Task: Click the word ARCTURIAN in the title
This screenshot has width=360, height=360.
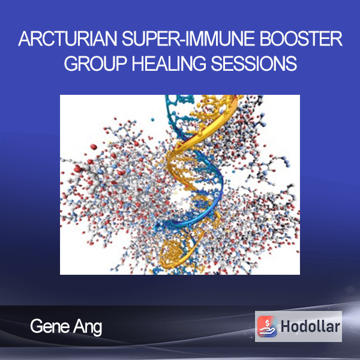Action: pyautogui.click(x=68, y=38)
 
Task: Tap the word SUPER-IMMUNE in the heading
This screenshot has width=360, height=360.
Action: pyautogui.click(x=188, y=38)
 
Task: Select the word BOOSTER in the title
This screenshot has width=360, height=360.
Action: pyautogui.click(x=301, y=38)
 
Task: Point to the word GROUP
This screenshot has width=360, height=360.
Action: pyautogui.click(x=95, y=63)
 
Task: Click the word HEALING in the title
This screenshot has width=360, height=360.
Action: pyautogui.click(x=169, y=63)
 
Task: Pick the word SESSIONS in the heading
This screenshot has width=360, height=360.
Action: pyautogui.click(x=254, y=63)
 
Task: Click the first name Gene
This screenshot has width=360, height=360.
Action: pyautogui.click(x=50, y=326)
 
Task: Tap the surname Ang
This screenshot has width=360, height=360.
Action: pyautogui.click(x=88, y=328)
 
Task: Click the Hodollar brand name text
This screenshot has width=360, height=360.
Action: pyautogui.click(x=310, y=326)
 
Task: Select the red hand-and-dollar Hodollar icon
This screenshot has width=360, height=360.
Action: pyautogui.click(x=267, y=326)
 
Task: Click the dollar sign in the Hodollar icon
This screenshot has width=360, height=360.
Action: pyautogui.click(x=267, y=323)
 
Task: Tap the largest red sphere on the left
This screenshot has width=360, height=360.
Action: pyautogui.click(x=94, y=147)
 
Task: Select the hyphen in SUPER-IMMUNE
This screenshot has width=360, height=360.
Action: pyautogui.click(x=181, y=41)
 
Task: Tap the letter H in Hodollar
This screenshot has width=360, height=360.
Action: pyautogui.click(x=286, y=326)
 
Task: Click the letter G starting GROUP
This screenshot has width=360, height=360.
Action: pyautogui.click(x=71, y=63)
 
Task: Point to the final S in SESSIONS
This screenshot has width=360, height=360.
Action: pyautogui.click(x=292, y=63)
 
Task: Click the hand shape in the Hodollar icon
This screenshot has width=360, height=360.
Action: pyautogui.click(x=268, y=331)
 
